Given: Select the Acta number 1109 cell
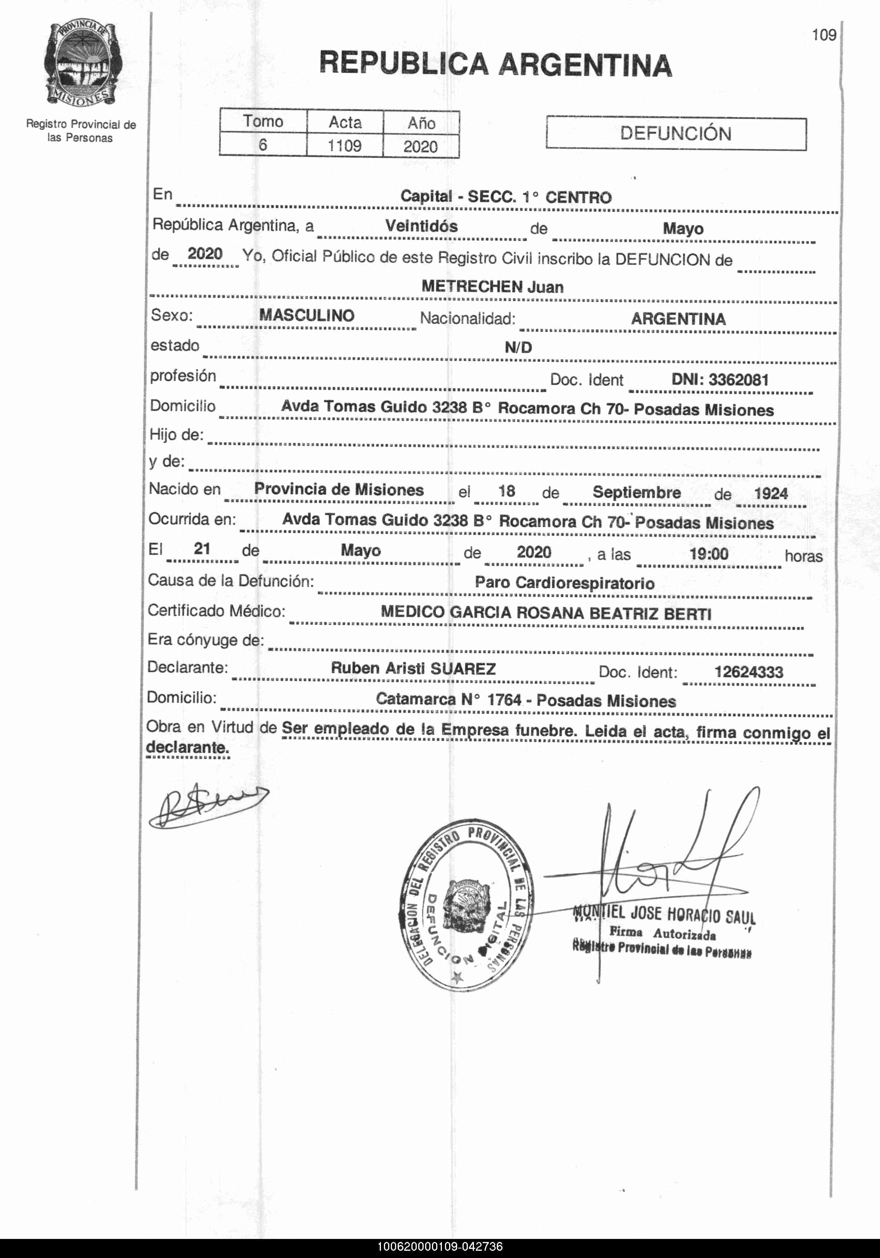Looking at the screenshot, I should pos(345,146).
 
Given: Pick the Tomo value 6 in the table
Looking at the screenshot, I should pos(263,144).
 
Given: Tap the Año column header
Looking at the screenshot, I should pos(421,123).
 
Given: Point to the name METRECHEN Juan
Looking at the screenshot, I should pos(492,287).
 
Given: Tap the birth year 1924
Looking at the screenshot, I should pos(771,493).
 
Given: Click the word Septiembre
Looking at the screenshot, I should pos(637,492).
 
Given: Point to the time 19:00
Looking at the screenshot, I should pos(708,554).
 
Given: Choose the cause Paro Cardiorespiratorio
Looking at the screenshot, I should pos(564,583).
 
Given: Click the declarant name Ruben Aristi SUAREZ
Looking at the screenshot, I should pos(413,668).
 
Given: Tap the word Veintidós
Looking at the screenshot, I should pos(421,226).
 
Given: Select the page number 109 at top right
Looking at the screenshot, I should pos(824,35).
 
